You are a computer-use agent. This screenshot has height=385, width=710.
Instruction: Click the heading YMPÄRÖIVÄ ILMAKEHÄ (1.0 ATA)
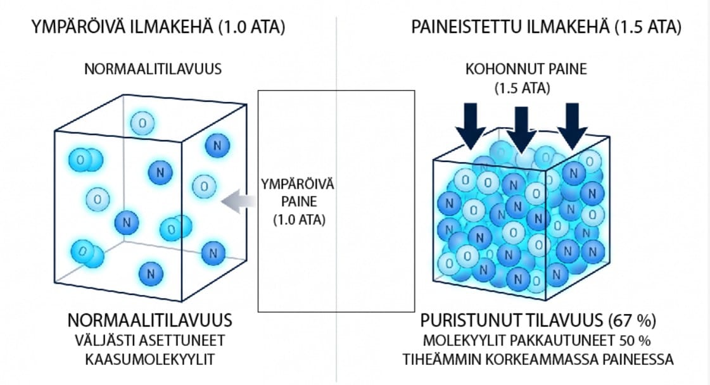click(x=158, y=27)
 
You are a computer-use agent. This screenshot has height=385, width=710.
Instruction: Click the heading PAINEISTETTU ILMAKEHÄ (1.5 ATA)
click(x=546, y=27)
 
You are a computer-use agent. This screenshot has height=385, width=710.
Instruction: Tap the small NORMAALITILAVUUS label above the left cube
click(x=153, y=69)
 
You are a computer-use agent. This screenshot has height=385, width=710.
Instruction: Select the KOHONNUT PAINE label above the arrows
click(x=526, y=69)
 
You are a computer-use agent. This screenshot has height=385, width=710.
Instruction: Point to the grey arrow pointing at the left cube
click(x=238, y=201)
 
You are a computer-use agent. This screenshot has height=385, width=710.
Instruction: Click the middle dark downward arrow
click(x=522, y=130)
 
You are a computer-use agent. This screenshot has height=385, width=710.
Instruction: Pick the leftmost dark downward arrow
click(x=471, y=127)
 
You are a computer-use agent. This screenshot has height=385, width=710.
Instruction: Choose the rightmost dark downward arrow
click(x=573, y=127)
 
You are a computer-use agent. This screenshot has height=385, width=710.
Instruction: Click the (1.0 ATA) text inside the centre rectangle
click(x=300, y=220)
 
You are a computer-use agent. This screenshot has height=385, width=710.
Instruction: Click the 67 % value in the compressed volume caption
click(x=633, y=320)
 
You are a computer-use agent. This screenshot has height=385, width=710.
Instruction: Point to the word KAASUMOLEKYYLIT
click(x=150, y=359)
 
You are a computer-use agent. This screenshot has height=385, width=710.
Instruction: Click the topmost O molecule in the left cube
click(x=143, y=123)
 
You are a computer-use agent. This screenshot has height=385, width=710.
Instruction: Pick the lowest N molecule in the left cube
click(x=151, y=274)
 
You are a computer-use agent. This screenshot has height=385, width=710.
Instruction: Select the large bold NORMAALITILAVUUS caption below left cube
click(x=150, y=320)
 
